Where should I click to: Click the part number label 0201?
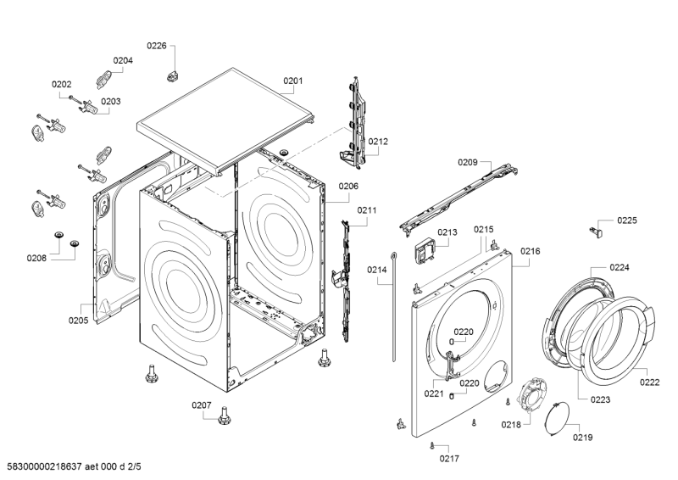[x=292, y=82]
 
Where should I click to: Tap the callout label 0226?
[x=157, y=46]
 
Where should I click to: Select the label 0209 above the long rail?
[x=468, y=162]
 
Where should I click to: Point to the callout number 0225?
[x=626, y=220]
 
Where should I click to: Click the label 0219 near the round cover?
[x=582, y=438]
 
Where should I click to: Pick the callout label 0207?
[x=201, y=405]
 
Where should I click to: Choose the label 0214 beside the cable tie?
[x=377, y=270]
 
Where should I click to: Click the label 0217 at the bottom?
[x=449, y=459]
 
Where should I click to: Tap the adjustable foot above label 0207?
[x=225, y=416]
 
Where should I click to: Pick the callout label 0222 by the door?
[x=649, y=382]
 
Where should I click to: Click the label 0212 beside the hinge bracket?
[x=378, y=142]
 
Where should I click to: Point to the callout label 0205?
[x=78, y=320]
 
